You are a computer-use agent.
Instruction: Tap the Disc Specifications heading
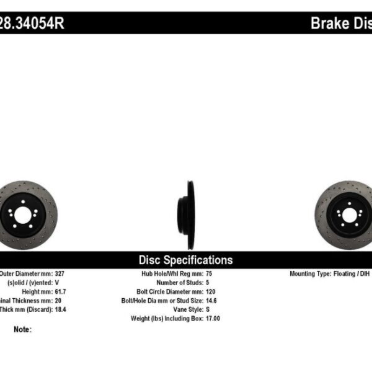pyautogui.click(x=185, y=260)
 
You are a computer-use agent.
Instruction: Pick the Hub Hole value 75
pyautogui.click(x=208, y=273)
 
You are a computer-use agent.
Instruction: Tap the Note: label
pyautogui.click(x=22, y=330)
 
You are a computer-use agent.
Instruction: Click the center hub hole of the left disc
pyautogui.click(x=20, y=216)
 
